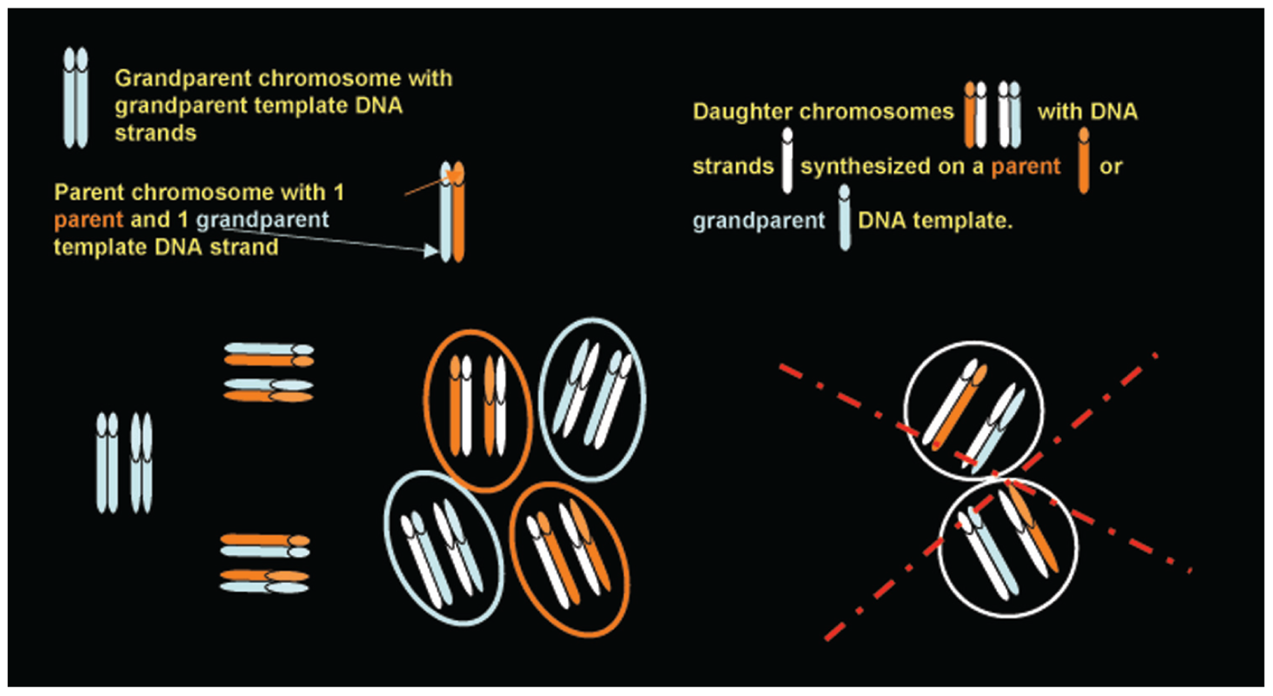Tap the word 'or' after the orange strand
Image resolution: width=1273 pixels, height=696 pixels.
[1111, 167]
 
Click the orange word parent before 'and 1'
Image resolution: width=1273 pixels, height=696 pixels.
[89, 220]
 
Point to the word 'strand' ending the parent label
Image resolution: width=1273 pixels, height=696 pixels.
[244, 248]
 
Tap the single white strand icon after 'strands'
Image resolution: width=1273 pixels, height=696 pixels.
[787, 160]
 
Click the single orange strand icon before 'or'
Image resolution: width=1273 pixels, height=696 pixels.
[1084, 160]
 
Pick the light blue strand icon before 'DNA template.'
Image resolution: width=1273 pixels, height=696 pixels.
[844, 218]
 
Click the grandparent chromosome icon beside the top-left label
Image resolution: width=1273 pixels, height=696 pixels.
[75, 97]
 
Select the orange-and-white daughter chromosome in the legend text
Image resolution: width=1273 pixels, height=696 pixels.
[975, 115]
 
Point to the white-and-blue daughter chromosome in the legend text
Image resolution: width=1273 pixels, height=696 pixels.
[1009, 115]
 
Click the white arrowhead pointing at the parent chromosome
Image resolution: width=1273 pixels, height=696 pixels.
[431, 250]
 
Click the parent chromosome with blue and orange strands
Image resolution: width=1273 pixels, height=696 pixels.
[452, 214]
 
